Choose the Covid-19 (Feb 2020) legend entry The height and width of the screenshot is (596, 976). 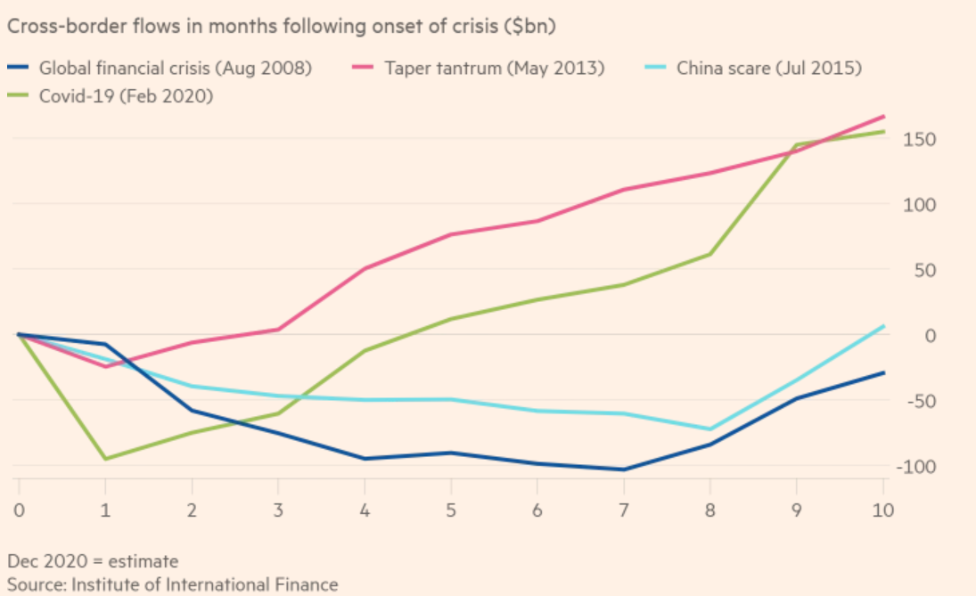click(126, 96)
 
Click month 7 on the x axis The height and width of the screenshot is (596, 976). click(624, 510)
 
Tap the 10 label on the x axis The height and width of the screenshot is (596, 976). click(882, 510)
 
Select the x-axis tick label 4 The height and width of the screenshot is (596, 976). click(365, 510)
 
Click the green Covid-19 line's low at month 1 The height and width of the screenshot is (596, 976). click(105, 459)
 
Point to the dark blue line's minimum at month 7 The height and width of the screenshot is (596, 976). click(624, 469)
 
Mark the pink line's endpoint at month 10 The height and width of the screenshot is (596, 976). click(883, 117)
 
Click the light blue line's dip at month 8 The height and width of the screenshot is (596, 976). click(710, 429)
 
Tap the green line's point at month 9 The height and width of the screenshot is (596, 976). click(796, 144)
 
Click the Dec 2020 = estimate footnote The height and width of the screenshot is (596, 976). click(93, 561)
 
